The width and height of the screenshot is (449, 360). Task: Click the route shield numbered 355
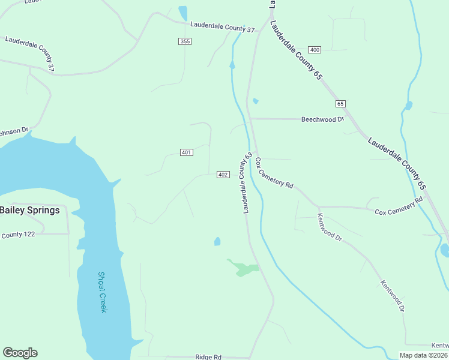[x=185, y=41]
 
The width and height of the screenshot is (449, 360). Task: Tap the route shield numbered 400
[x=315, y=49]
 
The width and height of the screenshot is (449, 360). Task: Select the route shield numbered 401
[x=186, y=152]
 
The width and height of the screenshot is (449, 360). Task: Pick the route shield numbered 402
[x=223, y=175]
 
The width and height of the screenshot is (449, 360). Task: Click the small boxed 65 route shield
[x=340, y=104]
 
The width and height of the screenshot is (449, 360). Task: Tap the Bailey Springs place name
[x=29, y=211]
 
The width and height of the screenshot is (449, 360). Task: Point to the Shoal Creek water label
[x=102, y=292]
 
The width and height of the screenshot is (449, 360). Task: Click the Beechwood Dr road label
[x=322, y=119]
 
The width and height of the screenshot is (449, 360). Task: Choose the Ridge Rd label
[x=208, y=356]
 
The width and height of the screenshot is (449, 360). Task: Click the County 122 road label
[x=18, y=235]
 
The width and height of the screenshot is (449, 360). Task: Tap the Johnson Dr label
[x=13, y=130]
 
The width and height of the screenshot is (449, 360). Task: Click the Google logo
[x=20, y=353]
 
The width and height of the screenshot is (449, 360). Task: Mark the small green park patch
[x=244, y=268]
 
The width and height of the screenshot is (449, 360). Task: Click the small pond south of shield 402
[x=217, y=242]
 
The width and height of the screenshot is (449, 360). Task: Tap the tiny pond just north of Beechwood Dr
[x=256, y=101]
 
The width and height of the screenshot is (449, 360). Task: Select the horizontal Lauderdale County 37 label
[x=222, y=27]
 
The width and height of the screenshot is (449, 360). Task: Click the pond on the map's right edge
[x=445, y=250]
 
